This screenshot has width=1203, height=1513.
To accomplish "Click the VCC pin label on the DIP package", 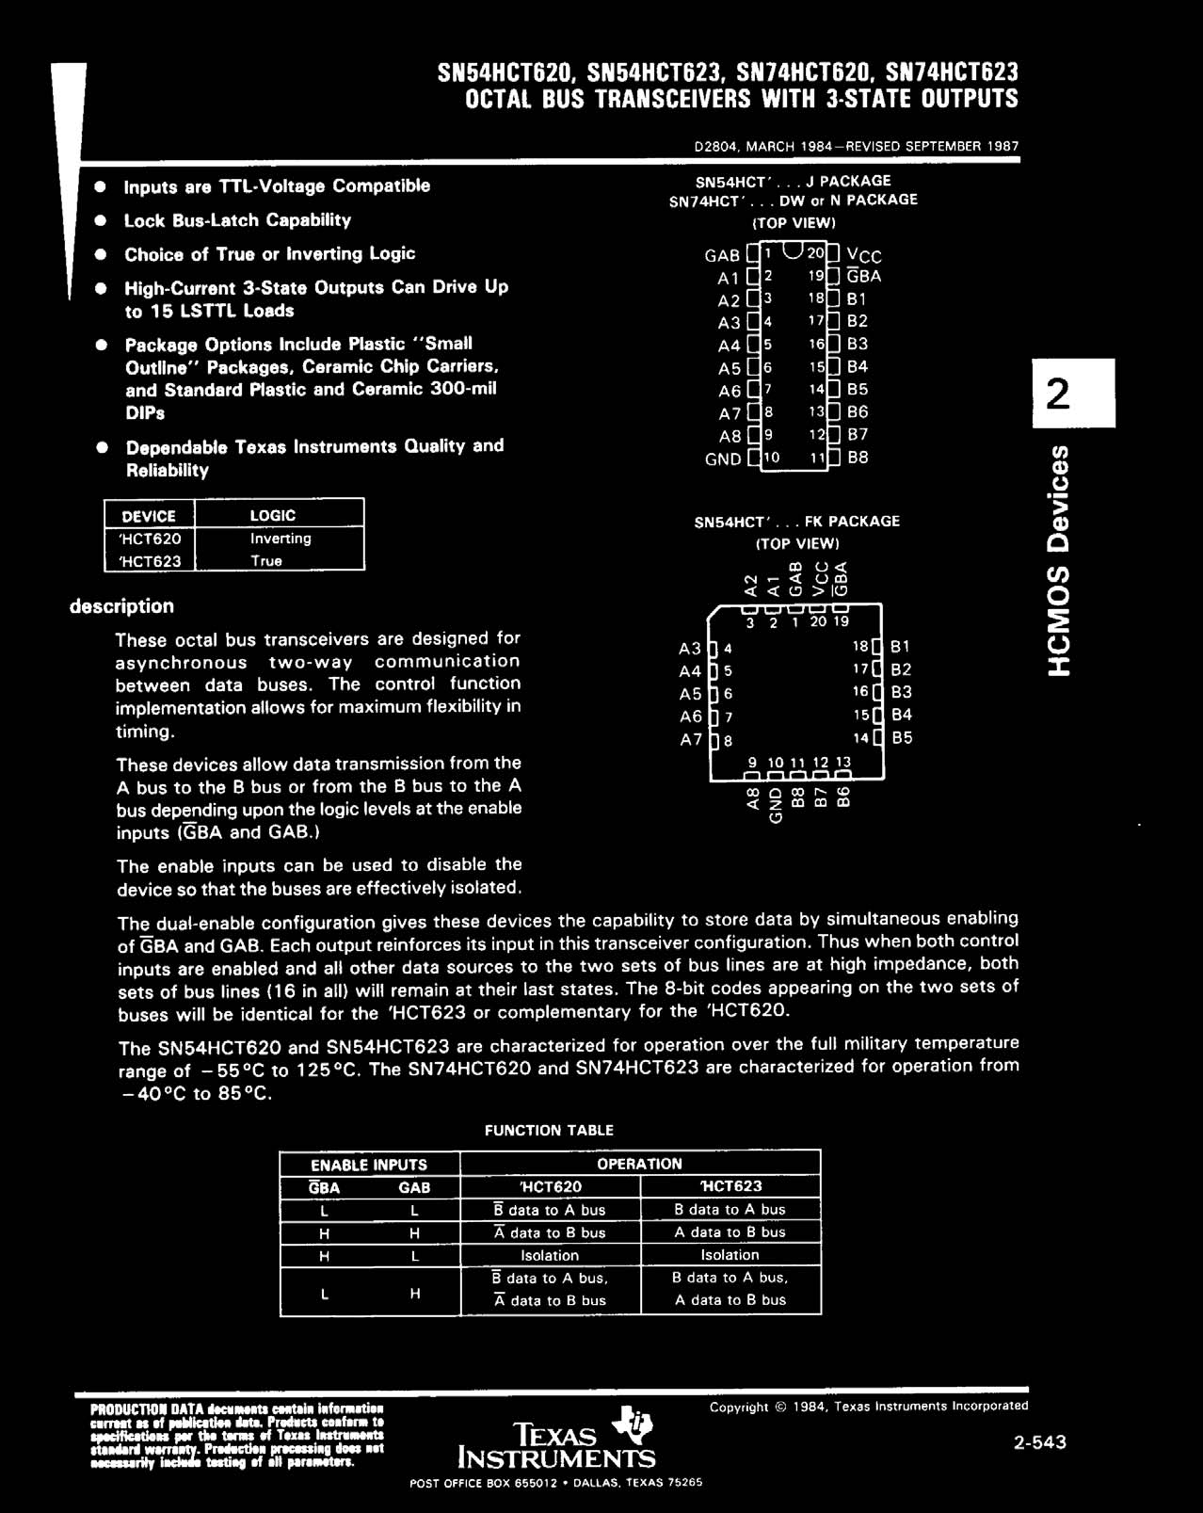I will coord(864,255).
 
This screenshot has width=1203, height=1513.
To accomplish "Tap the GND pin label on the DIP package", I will coord(723,459).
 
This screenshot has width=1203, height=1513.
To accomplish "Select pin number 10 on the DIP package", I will coord(772,458).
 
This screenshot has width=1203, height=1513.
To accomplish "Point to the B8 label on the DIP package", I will coord(858,459).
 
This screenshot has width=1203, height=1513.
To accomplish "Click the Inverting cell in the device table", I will coord(280,539).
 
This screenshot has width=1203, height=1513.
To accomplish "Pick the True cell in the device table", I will coord(266,561).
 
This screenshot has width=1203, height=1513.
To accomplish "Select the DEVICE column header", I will coord(149,516).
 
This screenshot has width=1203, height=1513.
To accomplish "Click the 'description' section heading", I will coord(121,606).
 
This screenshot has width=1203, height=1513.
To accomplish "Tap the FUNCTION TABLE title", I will coord(549,1130).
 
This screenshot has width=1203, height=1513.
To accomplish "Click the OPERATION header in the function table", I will coord(639,1164).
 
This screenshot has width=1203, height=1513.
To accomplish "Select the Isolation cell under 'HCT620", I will coord(550,1255).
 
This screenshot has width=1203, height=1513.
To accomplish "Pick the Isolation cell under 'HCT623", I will coord(730,1255).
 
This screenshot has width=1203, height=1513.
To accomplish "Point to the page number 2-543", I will coord(1039,1442).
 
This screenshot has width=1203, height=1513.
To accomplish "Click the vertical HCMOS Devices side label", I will coord(1060,560).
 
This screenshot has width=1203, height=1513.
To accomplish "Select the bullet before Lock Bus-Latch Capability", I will coord(99,221).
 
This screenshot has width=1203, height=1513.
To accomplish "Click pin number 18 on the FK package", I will coord(860,647).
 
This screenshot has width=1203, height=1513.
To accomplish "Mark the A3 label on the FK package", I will coord(690,649).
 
